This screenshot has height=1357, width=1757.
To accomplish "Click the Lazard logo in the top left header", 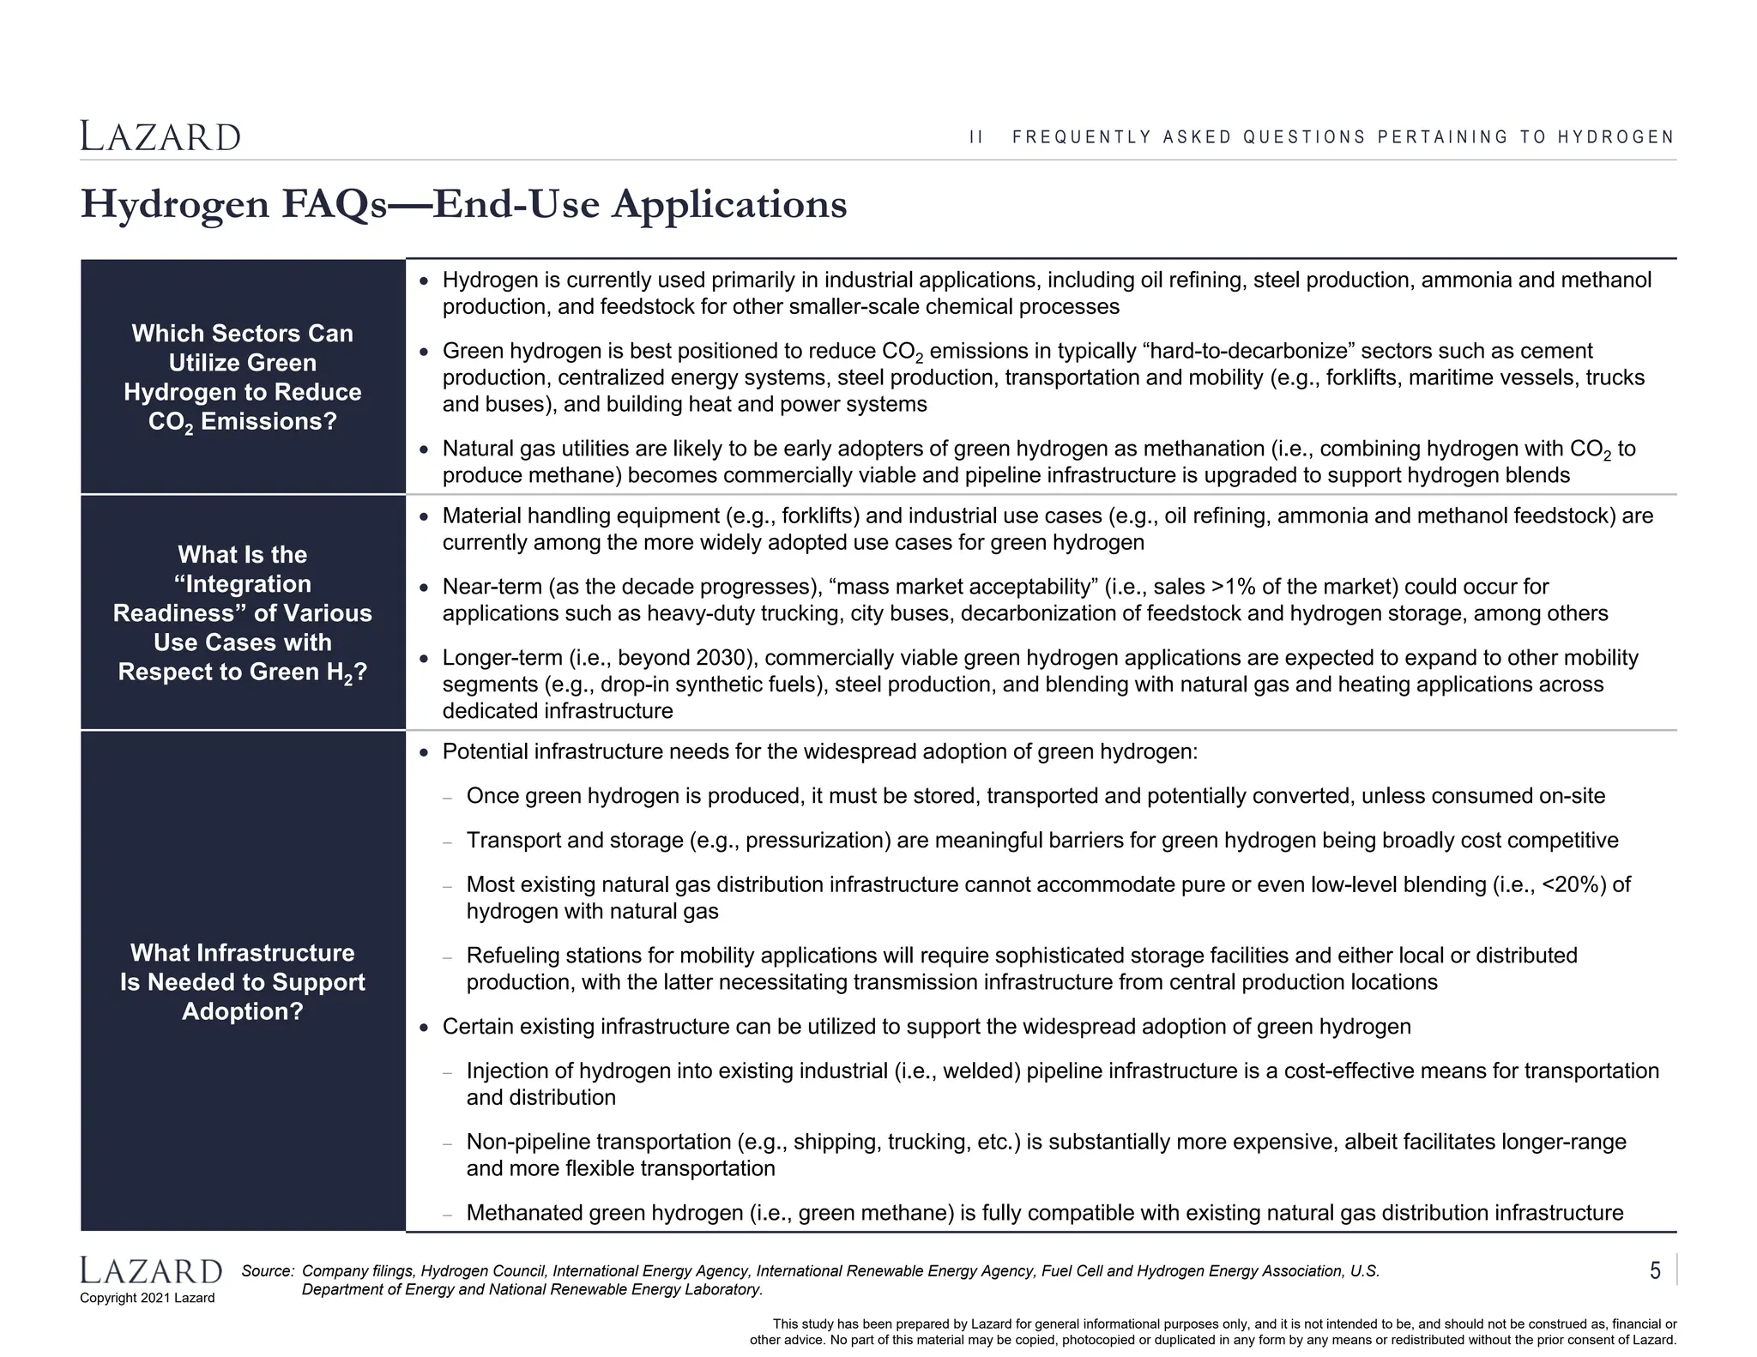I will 160,136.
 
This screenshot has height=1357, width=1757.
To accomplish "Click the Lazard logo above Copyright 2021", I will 151,1270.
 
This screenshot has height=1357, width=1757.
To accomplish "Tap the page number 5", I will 1655,1270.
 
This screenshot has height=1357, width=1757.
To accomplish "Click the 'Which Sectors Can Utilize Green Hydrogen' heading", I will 243,377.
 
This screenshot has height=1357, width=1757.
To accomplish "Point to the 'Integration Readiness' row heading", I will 243,613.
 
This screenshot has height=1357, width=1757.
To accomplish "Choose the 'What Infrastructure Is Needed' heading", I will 243,982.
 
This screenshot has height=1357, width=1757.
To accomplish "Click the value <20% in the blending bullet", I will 1569,884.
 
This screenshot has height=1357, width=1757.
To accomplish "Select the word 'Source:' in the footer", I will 268,1271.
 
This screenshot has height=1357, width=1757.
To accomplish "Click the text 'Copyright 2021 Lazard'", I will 148,1298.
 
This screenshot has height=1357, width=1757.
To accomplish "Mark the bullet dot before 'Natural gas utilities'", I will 423,449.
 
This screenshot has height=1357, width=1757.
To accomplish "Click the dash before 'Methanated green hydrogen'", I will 447,1215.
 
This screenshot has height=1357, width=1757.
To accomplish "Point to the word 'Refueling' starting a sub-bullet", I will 513,956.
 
